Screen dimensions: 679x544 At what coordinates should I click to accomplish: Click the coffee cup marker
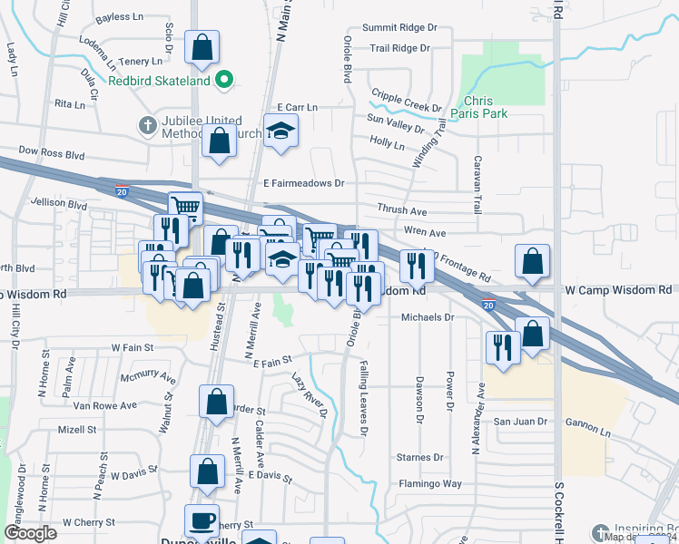[x=201, y=520]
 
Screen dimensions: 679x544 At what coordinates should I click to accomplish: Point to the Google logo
[x=31, y=533]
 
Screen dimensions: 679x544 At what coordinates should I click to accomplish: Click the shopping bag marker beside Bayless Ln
[x=201, y=46]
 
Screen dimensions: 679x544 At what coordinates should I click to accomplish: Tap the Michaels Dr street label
[x=427, y=317]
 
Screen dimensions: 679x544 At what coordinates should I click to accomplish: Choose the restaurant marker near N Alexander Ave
[x=501, y=346]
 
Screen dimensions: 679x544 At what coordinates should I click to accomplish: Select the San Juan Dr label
[x=520, y=422]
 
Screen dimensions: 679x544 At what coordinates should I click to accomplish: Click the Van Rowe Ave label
[x=105, y=405]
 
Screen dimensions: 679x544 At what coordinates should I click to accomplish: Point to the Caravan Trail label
[x=477, y=184]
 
